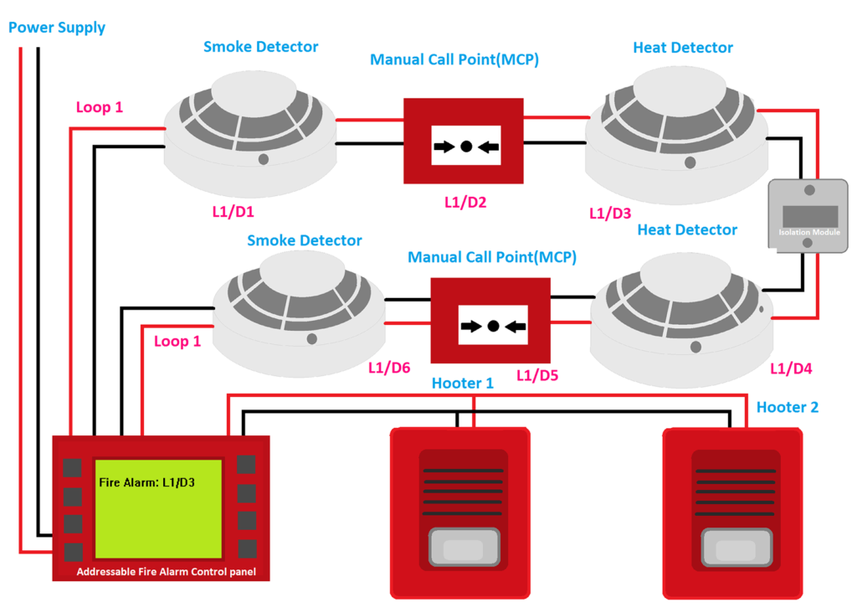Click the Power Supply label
(57, 28)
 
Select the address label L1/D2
(465, 203)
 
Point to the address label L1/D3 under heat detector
(610, 213)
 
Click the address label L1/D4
(791, 368)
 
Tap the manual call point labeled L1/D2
(464, 141)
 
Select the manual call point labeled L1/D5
(490, 320)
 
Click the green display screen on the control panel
(158, 508)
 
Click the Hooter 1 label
(462, 383)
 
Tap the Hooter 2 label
(788, 407)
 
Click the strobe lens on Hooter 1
(462, 549)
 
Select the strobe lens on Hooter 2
(734, 549)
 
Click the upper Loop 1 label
(99, 107)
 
